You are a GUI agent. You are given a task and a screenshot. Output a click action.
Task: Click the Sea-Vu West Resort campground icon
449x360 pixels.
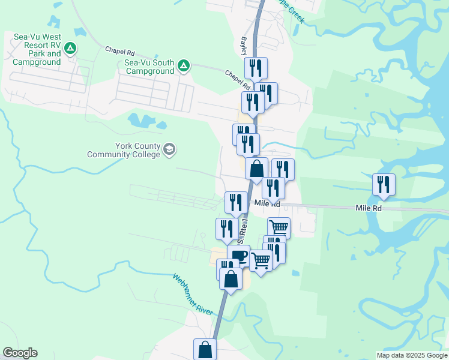pos(70,48)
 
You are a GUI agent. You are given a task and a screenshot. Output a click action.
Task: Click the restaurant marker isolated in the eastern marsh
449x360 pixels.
pos(383,184)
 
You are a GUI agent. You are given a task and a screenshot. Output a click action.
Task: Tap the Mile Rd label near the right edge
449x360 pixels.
pos(369,208)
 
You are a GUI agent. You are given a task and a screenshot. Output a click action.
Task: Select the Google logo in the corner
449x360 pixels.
pos(20,353)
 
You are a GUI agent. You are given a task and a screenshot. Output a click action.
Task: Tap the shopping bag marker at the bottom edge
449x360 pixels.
pos(205,349)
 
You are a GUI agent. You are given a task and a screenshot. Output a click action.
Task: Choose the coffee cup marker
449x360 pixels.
pos(238,256)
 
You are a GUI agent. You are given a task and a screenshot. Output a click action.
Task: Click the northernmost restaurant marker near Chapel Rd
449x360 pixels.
pos(256,68)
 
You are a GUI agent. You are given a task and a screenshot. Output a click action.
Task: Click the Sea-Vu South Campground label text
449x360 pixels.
pos(149,67)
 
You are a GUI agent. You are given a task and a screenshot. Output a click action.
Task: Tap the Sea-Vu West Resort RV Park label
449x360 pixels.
pos(37,49)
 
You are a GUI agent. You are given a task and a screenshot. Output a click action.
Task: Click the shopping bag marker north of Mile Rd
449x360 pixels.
pos(256,169)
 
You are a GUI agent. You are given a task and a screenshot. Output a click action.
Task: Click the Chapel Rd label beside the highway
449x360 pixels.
pos(238,81)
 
